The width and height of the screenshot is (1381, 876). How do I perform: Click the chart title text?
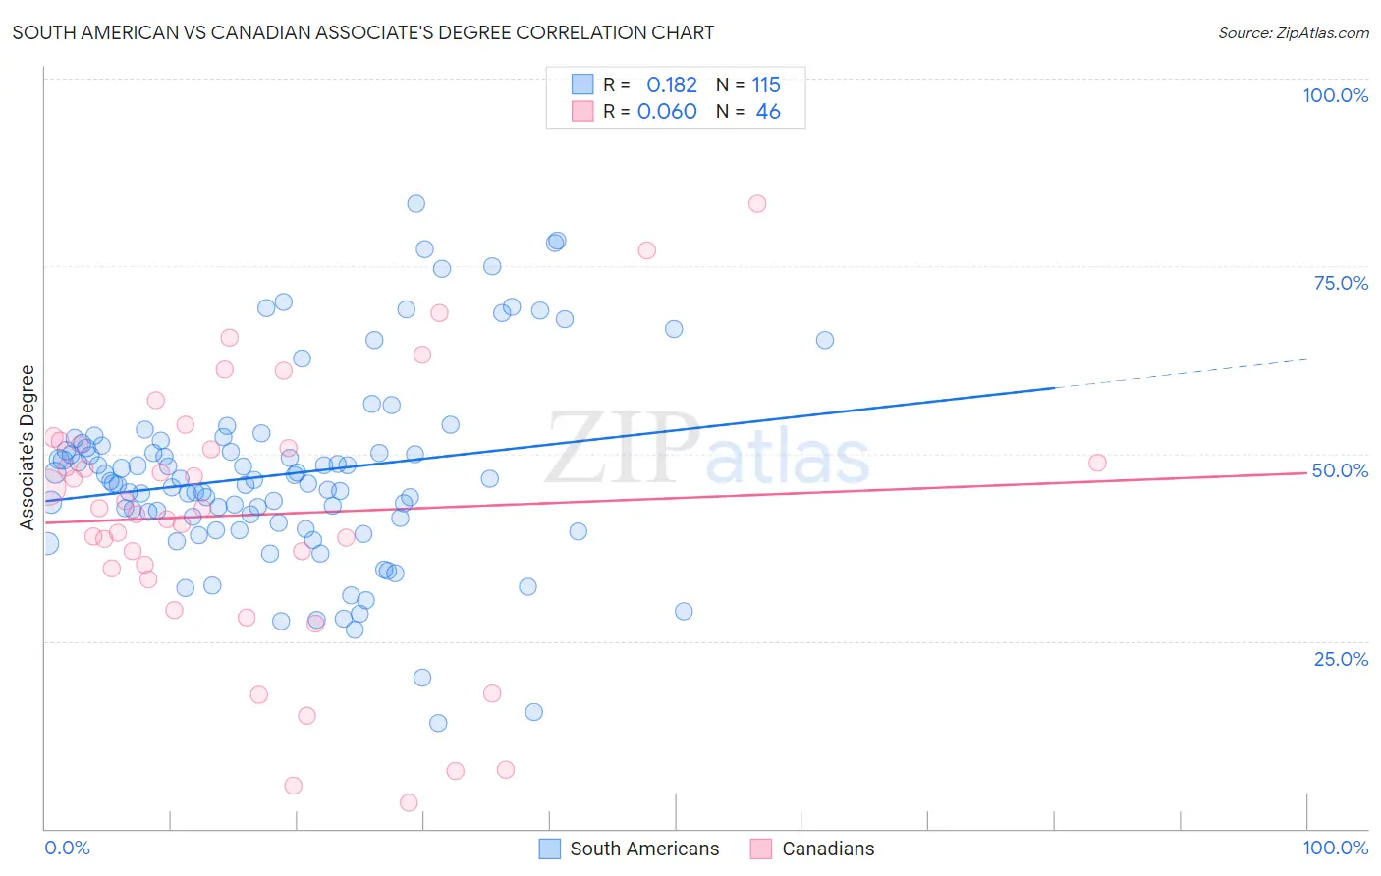click(363, 32)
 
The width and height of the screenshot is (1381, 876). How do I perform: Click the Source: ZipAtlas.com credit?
click(1293, 32)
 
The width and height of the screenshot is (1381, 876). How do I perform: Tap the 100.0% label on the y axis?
click(1335, 95)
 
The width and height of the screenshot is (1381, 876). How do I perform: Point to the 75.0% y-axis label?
click(1341, 283)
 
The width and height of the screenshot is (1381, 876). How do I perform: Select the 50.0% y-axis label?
click(1340, 470)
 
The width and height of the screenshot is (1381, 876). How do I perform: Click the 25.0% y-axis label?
click(1341, 658)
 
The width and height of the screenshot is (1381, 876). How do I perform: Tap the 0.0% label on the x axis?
click(67, 848)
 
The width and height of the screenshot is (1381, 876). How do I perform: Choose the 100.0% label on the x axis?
click(1335, 848)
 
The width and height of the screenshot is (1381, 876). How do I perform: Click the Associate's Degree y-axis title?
click(28, 448)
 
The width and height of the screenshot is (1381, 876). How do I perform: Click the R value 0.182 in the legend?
click(672, 84)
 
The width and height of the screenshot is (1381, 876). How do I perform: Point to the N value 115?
click(766, 84)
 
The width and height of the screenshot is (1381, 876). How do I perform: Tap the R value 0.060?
click(667, 111)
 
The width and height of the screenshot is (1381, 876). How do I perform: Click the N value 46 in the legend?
click(768, 111)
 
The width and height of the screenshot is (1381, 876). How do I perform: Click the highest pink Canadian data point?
click(756, 204)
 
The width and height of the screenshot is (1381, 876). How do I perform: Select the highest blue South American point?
click(415, 204)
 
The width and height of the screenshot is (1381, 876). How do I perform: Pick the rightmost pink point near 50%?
click(1097, 463)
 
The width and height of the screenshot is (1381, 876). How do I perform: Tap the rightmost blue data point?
click(825, 340)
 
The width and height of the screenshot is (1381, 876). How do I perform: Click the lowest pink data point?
click(409, 803)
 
